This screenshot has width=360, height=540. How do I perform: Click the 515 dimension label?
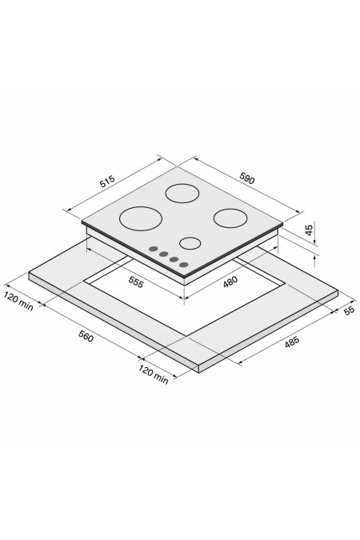(x=107, y=182)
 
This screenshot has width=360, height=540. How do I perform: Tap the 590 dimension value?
(x=247, y=178)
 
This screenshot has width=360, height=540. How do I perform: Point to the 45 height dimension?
(x=309, y=230)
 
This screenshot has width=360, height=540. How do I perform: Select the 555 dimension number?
(x=135, y=282)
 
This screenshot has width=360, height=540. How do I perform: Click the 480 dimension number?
(x=230, y=282)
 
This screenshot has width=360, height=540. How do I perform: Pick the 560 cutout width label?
(x=86, y=336)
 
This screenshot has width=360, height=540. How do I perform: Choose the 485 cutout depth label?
(x=292, y=342)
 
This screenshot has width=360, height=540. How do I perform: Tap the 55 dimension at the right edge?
(x=349, y=310)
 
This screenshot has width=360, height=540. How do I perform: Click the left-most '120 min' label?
(x=19, y=302)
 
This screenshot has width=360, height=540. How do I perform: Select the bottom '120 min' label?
(x=154, y=374)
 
